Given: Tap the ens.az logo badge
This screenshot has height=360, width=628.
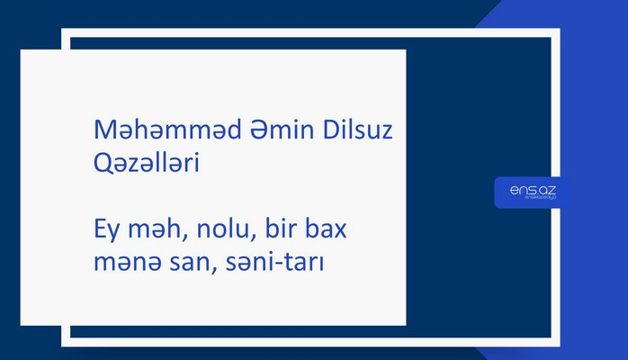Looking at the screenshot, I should click(x=533, y=192).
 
